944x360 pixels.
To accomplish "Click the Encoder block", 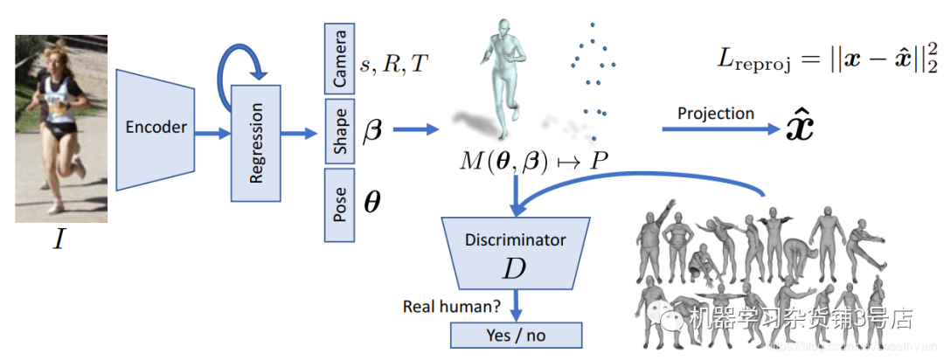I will coord(155,127).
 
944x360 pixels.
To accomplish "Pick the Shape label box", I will coord(340,131).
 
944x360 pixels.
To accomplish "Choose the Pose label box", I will coord(340,204).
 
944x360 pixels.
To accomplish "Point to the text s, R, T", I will coord(394,64).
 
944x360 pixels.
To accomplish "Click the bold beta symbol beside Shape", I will coord(371,132).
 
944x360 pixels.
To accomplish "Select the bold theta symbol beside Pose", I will coord(371,202).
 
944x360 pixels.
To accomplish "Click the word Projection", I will coord(715,114).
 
